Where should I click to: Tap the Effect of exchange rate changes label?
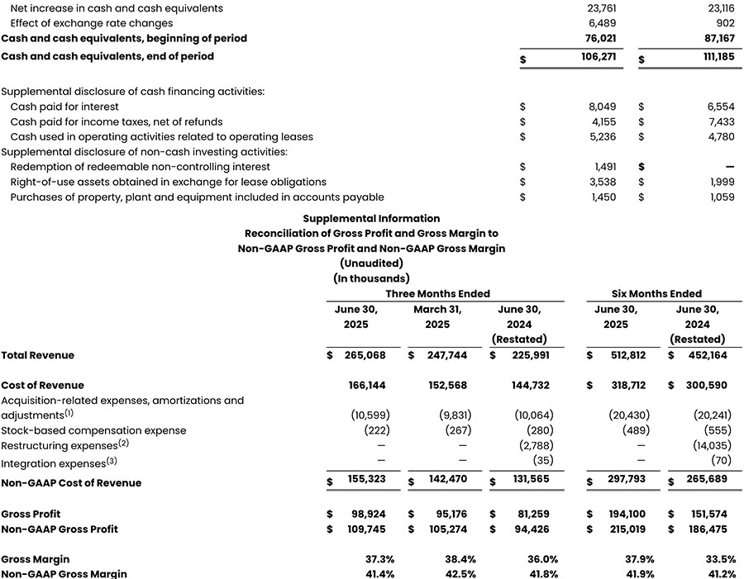(92, 23)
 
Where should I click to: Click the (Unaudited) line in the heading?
(371, 263)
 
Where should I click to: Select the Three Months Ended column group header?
(437, 293)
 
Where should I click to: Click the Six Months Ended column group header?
(656, 293)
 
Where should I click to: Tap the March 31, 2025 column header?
(437, 317)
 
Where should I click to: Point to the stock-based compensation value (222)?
(379, 430)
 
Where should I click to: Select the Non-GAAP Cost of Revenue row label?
(71, 483)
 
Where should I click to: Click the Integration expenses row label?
(55, 464)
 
